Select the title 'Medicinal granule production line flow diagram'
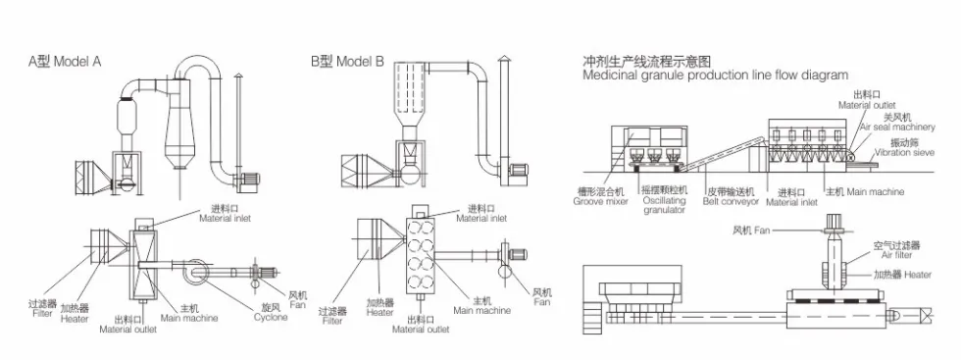click(715, 76)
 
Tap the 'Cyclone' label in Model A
click(271, 317)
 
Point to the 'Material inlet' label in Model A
click(225, 218)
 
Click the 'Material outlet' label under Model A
click(128, 330)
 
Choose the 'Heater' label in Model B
click(380, 312)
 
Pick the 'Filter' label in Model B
click(332, 321)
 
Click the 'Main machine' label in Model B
click(481, 310)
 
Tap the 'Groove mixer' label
click(600, 201)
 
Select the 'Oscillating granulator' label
click(665, 205)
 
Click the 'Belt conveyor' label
click(731, 201)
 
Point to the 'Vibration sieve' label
click(904, 152)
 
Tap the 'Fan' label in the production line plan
click(761, 231)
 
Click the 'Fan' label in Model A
click(298, 305)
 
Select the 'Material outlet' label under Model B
click(421, 330)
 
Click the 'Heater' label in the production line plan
click(918, 275)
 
